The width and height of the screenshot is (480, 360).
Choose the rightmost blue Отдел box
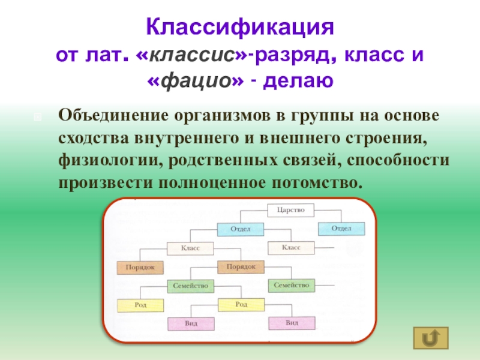tap(341, 229)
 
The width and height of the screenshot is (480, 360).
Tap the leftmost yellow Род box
tap(140, 305)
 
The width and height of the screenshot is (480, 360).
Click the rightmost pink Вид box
tap(292, 323)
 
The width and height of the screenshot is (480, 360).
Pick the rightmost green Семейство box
tap(291, 286)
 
